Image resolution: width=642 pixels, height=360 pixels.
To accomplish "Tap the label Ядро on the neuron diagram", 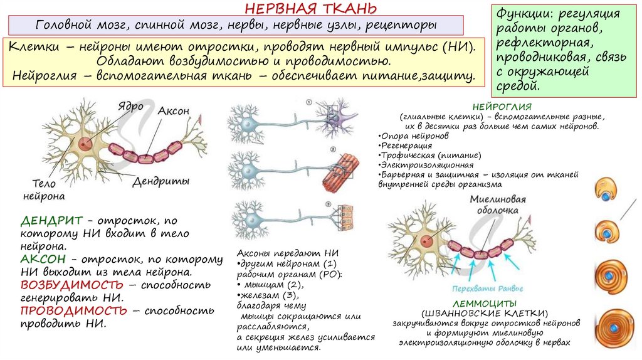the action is coord(130,105).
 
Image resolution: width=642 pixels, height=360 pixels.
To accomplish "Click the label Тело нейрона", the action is coord(44,190).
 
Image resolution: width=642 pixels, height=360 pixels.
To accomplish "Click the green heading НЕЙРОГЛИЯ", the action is coord(502,107).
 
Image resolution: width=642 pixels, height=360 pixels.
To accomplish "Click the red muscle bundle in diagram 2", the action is coord(340,172).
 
